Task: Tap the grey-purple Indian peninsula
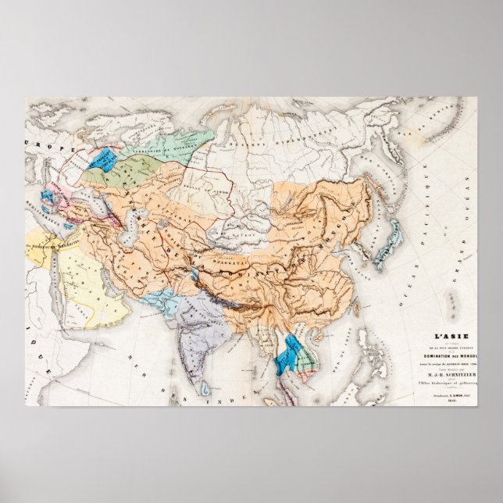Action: pyautogui.click(x=192, y=336)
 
